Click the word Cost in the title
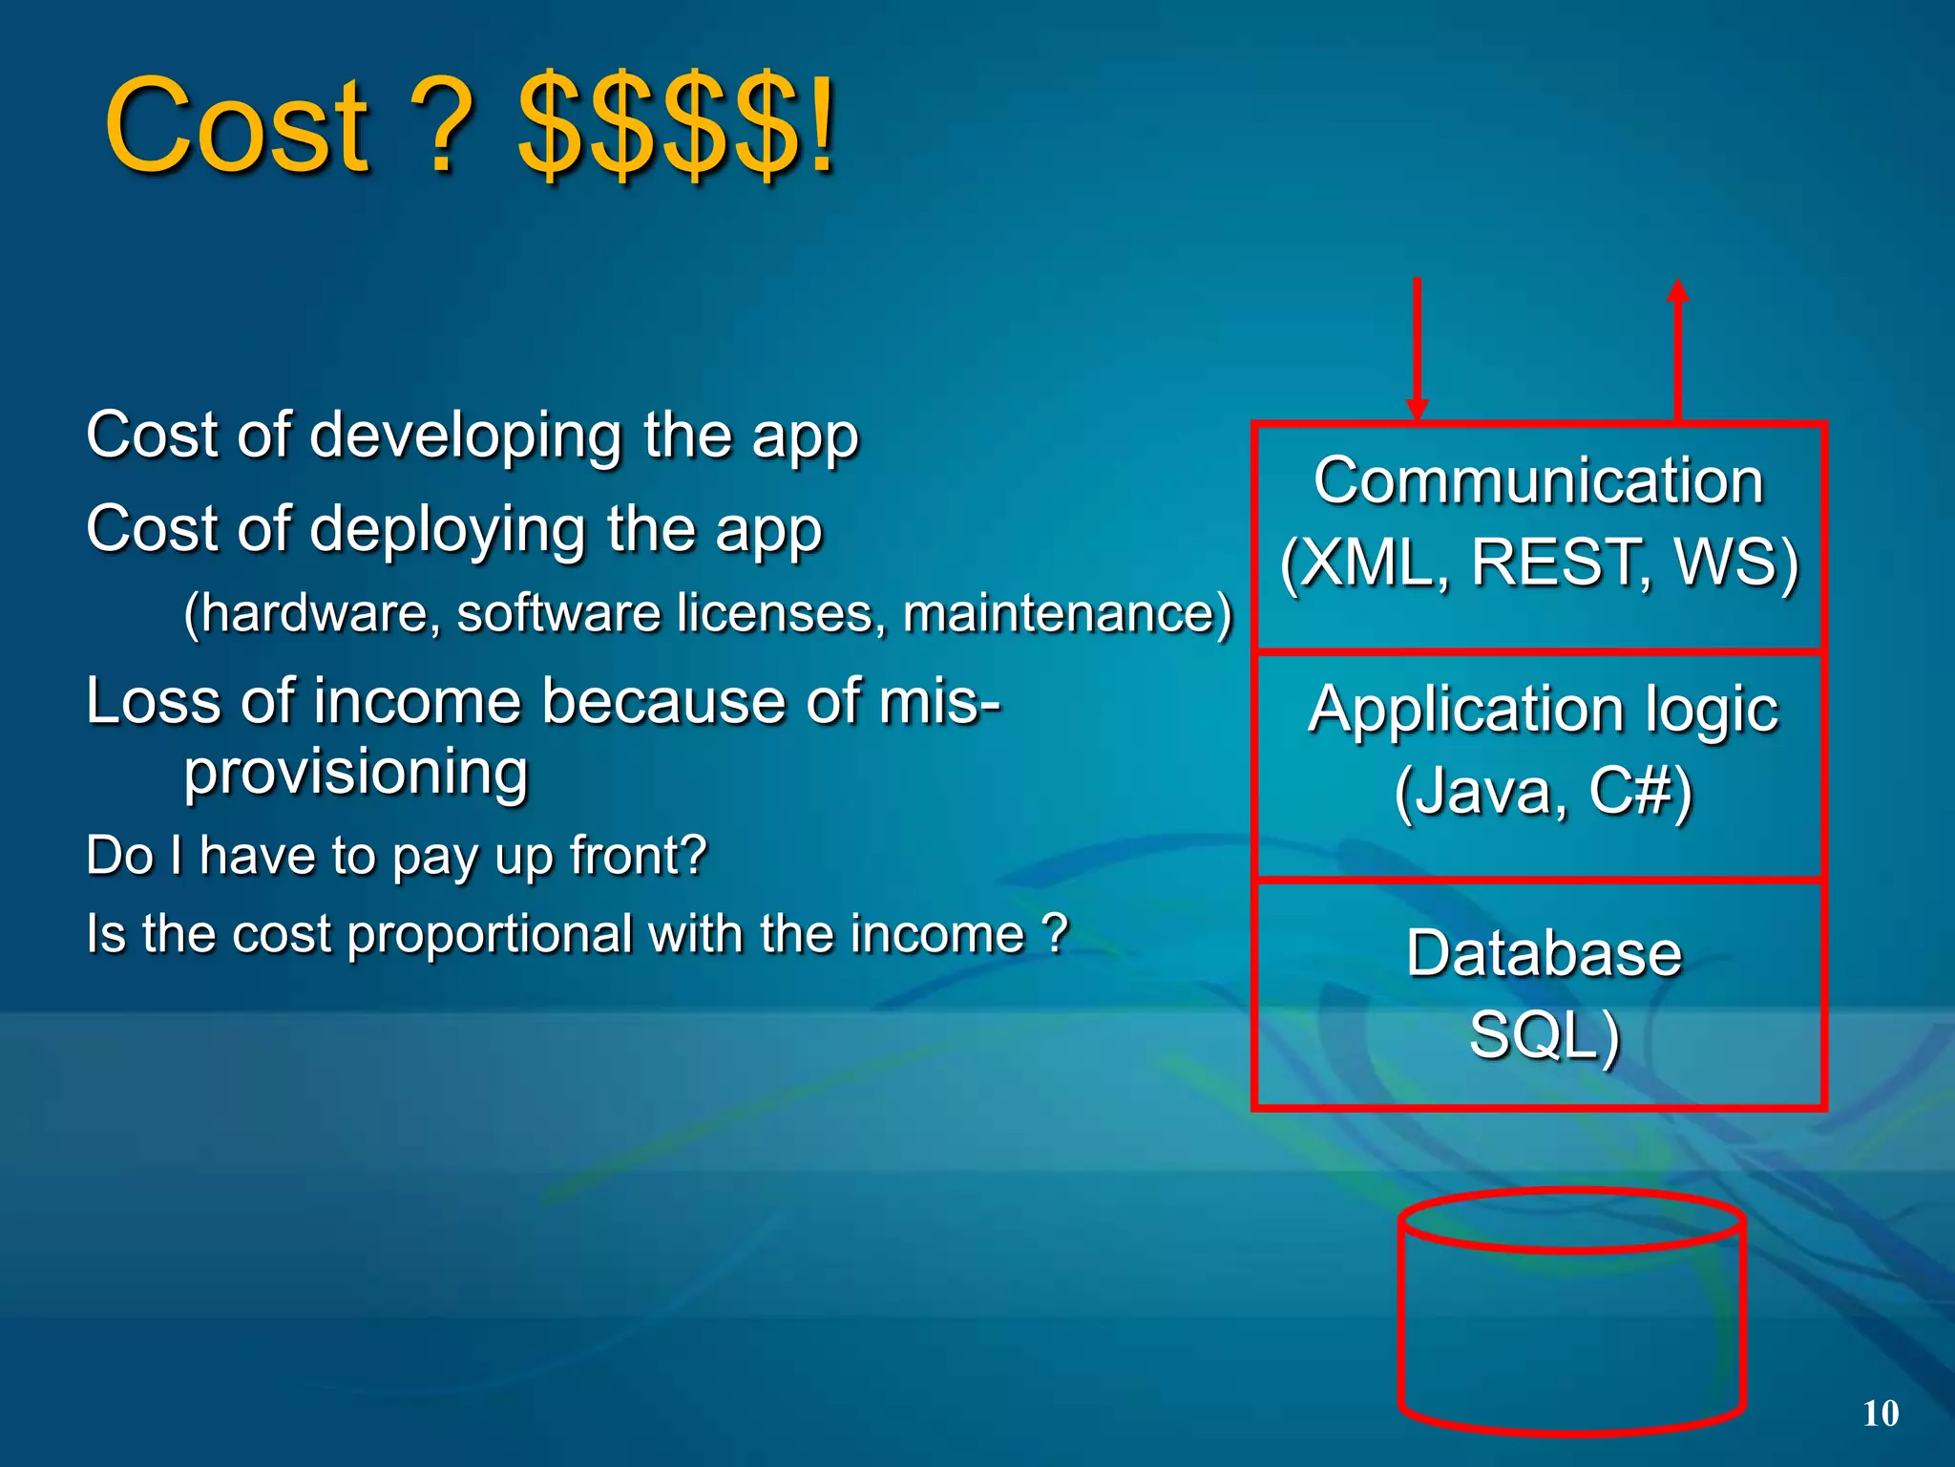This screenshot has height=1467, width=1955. [x=236, y=126]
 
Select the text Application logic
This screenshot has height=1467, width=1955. [x=1543, y=710]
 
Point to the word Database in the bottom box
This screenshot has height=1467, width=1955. [x=1544, y=953]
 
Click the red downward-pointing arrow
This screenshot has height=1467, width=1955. [x=1417, y=349]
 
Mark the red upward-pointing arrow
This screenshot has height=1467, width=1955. [x=1677, y=349]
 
